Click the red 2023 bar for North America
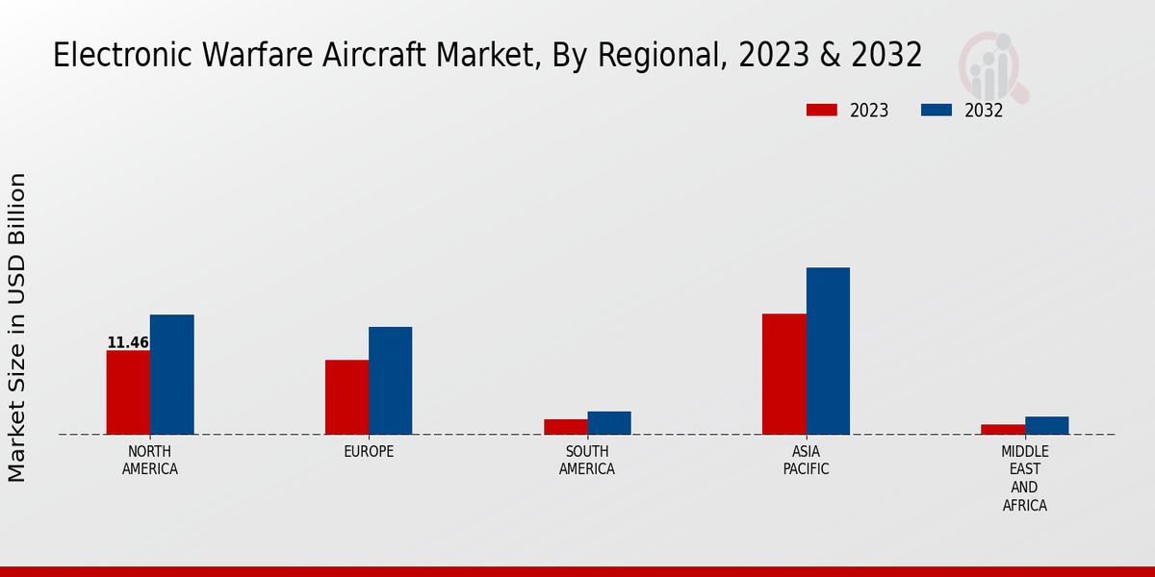(128, 392)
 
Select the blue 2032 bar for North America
(171, 374)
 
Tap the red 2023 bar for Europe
(346, 397)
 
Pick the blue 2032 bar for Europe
(390, 381)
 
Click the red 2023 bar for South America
(565, 427)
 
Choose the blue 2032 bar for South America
(609, 423)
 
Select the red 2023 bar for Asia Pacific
(783, 374)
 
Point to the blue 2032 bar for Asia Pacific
(828, 351)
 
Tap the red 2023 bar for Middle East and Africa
(1003, 430)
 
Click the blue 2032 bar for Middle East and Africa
(1046, 425)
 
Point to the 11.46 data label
(128, 342)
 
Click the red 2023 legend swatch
(821, 110)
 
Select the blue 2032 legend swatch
(936, 110)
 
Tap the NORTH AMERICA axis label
(150, 461)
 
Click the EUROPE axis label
(369, 452)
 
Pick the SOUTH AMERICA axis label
(587, 461)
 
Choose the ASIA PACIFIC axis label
(806, 461)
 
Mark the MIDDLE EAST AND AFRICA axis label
(1025, 478)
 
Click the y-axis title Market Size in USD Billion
(17, 327)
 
